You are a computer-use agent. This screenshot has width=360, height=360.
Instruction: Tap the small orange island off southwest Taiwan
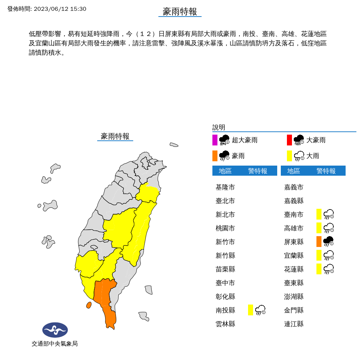(89, 305)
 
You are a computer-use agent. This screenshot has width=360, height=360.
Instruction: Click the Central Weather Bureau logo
(55, 330)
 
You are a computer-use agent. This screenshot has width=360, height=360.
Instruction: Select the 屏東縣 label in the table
(294, 242)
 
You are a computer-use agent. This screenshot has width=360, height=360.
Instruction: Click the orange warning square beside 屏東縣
(319, 242)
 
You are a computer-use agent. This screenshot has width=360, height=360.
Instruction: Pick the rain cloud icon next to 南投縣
(260, 310)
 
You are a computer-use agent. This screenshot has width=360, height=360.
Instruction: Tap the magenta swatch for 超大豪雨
(215, 140)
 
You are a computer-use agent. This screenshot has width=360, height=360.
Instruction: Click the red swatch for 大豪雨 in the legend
(289, 140)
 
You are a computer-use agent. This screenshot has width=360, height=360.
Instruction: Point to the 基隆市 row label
(225, 187)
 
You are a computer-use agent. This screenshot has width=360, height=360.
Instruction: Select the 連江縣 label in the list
(294, 324)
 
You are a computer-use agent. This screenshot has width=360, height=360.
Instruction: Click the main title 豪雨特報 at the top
(180, 12)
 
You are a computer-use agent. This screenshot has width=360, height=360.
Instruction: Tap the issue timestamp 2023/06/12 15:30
(60, 9)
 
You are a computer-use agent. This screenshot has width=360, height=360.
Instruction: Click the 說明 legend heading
(219, 127)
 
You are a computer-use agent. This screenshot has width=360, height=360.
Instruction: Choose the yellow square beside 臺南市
(319, 214)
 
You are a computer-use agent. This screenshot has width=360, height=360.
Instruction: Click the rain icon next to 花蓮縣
(329, 269)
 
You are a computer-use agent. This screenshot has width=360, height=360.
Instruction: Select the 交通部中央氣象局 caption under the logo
(55, 344)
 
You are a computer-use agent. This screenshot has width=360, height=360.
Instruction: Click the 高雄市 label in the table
(294, 228)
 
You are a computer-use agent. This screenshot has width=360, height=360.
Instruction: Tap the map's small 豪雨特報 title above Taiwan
(115, 136)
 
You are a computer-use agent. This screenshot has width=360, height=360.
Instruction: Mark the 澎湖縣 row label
(294, 296)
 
